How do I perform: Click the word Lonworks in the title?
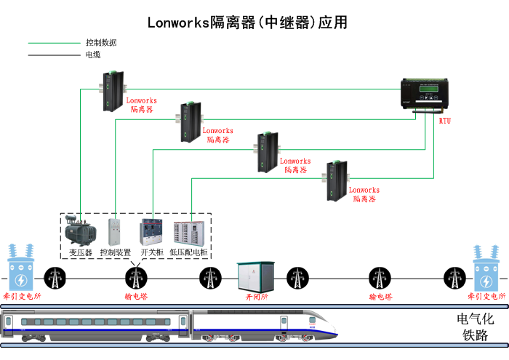pos(177,23)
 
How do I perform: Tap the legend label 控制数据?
pos(101,43)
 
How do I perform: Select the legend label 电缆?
pos(93,55)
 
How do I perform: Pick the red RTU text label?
pos(445,121)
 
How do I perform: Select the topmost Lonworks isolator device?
pos(113,90)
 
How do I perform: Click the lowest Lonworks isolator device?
pos(337,180)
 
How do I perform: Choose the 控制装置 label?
pos(115,252)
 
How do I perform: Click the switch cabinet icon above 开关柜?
pos(151,231)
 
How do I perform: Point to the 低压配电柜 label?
pos(188,252)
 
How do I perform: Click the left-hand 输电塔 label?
pos(136,297)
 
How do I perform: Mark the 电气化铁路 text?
pos(475,327)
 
